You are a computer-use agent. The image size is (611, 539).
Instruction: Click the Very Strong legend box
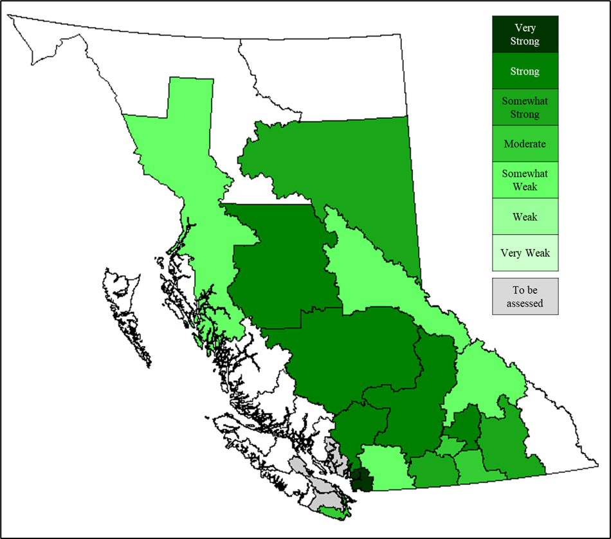click(x=525, y=35)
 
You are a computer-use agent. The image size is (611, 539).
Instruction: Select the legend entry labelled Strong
click(x=525, y=71)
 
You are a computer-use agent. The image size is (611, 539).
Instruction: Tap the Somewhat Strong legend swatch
click(x=525, y=107)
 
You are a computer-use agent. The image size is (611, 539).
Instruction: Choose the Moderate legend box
click(x=525, y=143)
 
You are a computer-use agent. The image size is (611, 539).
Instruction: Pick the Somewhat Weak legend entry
click(x=525, y=179)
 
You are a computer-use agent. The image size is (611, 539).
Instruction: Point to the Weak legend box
click(x=525, y=217)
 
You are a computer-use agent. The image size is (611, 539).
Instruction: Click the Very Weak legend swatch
click(x=525, y=253)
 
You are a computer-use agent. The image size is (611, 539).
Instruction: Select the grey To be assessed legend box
click(x=525, y=297)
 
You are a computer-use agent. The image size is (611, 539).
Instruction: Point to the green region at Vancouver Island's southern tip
click(x=334, y=512)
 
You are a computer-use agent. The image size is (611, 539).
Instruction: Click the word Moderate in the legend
click(x=525, y=143)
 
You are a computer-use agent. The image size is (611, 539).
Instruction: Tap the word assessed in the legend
click(x=525, y=304)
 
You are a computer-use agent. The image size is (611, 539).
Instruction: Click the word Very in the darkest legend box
click(x=525, y=28)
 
